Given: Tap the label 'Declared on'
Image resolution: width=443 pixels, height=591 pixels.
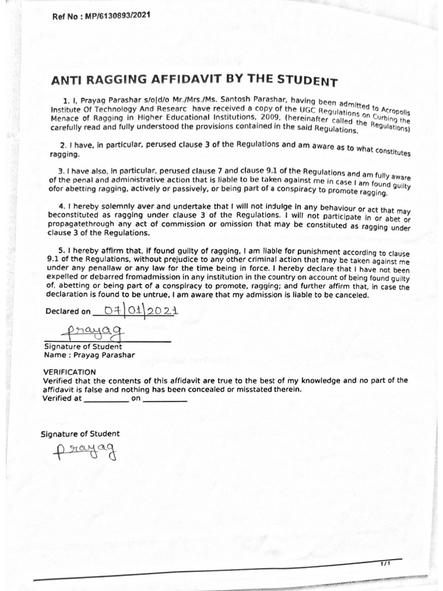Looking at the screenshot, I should coord(67,312).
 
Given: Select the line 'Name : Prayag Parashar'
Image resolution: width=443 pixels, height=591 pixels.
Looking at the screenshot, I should coord(89,355).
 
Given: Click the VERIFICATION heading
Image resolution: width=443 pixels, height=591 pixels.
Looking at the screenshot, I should coord(70,372).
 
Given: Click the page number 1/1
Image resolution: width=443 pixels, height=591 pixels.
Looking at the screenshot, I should coord(385,563).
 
